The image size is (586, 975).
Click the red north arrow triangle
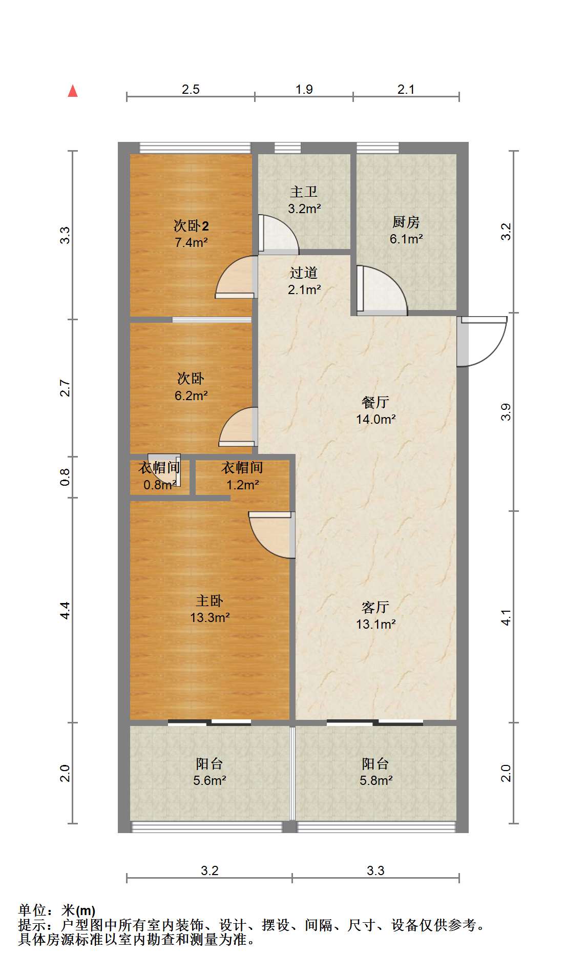[x=73, y=91]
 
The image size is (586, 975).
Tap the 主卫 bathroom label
[x=304, y=192]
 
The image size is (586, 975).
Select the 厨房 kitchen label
[x=406, y=222]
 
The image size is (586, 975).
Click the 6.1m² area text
[x=406, y=239]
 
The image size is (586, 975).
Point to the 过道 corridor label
[x=304, y=273]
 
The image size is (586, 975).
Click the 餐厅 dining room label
[x=375, y=402]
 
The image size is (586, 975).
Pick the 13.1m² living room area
[x=376, y=624]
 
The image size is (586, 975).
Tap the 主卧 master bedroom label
[x=210, y=600]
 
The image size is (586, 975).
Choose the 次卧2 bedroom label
[x=191, y=225]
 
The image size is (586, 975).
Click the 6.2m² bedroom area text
[x=191, y=396]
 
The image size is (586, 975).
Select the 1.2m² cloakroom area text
[x=242, y=485]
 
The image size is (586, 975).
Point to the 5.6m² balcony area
[x=210, y=780]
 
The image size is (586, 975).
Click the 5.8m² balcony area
[x=376, y=780]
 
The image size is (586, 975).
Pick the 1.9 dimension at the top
[x=304, y=89]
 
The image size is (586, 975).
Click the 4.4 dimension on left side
[x=65, y=610]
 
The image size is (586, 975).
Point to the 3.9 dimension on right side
[x=506, y=412]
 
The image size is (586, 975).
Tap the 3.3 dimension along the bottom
[x=375, y=870]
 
